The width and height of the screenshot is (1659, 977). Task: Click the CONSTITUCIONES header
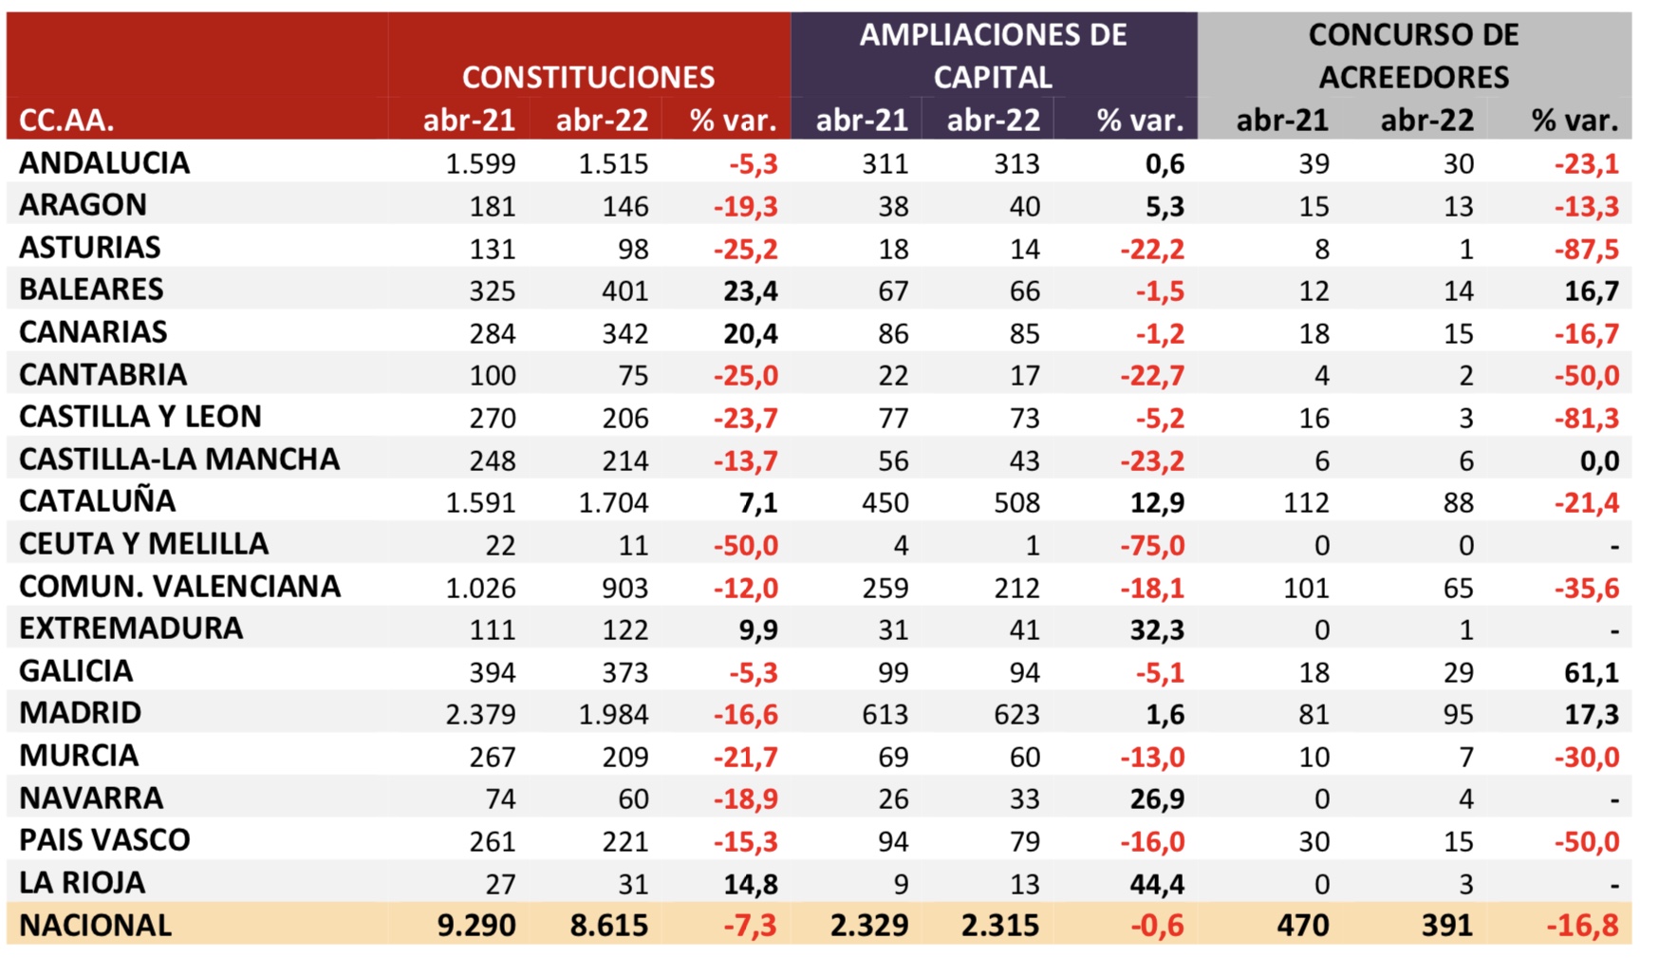pyautogui.click(x=587, y=77)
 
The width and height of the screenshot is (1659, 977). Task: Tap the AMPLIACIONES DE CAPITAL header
pyautogui.click(x=993, y=56)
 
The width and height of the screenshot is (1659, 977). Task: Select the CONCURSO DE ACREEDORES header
pyautogui.click(x=1413, y=56)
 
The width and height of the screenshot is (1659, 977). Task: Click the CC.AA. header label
pyautogui.click(x=66, y=121)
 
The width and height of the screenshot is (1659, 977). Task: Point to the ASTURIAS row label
pyautogui.click(x=90, y=248)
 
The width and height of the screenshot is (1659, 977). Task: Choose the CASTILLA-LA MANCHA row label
pyautogui.click(x=179, y=460)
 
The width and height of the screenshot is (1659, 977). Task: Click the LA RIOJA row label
pyautogui.click(x=83, y=883)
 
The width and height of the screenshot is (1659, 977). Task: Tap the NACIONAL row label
pyautogui.click(x=96, y=926)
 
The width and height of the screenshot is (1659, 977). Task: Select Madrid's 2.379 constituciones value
pyautogui.click(x=480, y=714)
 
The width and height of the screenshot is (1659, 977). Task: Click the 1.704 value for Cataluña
pyautogui.click(x=613, y=502)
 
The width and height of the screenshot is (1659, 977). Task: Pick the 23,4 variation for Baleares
pyautogui.click(x=750, y=291)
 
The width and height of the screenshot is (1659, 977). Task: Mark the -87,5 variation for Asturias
pyautogui.click(x=1586, y=249)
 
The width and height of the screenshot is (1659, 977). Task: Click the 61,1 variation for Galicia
pyautogui.click(x=1591, y=672)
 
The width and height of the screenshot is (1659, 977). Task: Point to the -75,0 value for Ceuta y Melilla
pyautogui.click(x=1152, y=545)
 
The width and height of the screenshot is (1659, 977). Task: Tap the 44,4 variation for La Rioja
pyautogui.click(x=1157, y=884)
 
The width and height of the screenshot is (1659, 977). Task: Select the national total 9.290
pyautogui.click(x=476, y=926)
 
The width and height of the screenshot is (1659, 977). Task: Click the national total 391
pyautogui.click(x=1447, y=926)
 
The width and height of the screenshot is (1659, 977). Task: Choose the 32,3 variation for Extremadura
pyautogui.click(x=1157, y=629)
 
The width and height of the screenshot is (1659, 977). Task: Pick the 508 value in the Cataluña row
pyautogui.click(x=1016, y=502)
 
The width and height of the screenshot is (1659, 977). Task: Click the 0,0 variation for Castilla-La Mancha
pyautogui.click(x=1599, y=460)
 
